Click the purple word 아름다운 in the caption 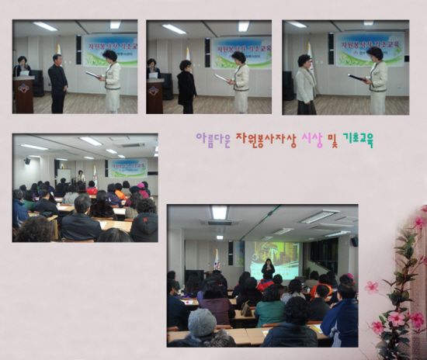pos(212,140)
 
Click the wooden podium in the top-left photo pos(24,93)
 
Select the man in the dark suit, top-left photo pos(58,85)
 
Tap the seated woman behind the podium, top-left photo pos(22,67)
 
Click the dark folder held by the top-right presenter pos(358,77)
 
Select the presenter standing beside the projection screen pos(269,269)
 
